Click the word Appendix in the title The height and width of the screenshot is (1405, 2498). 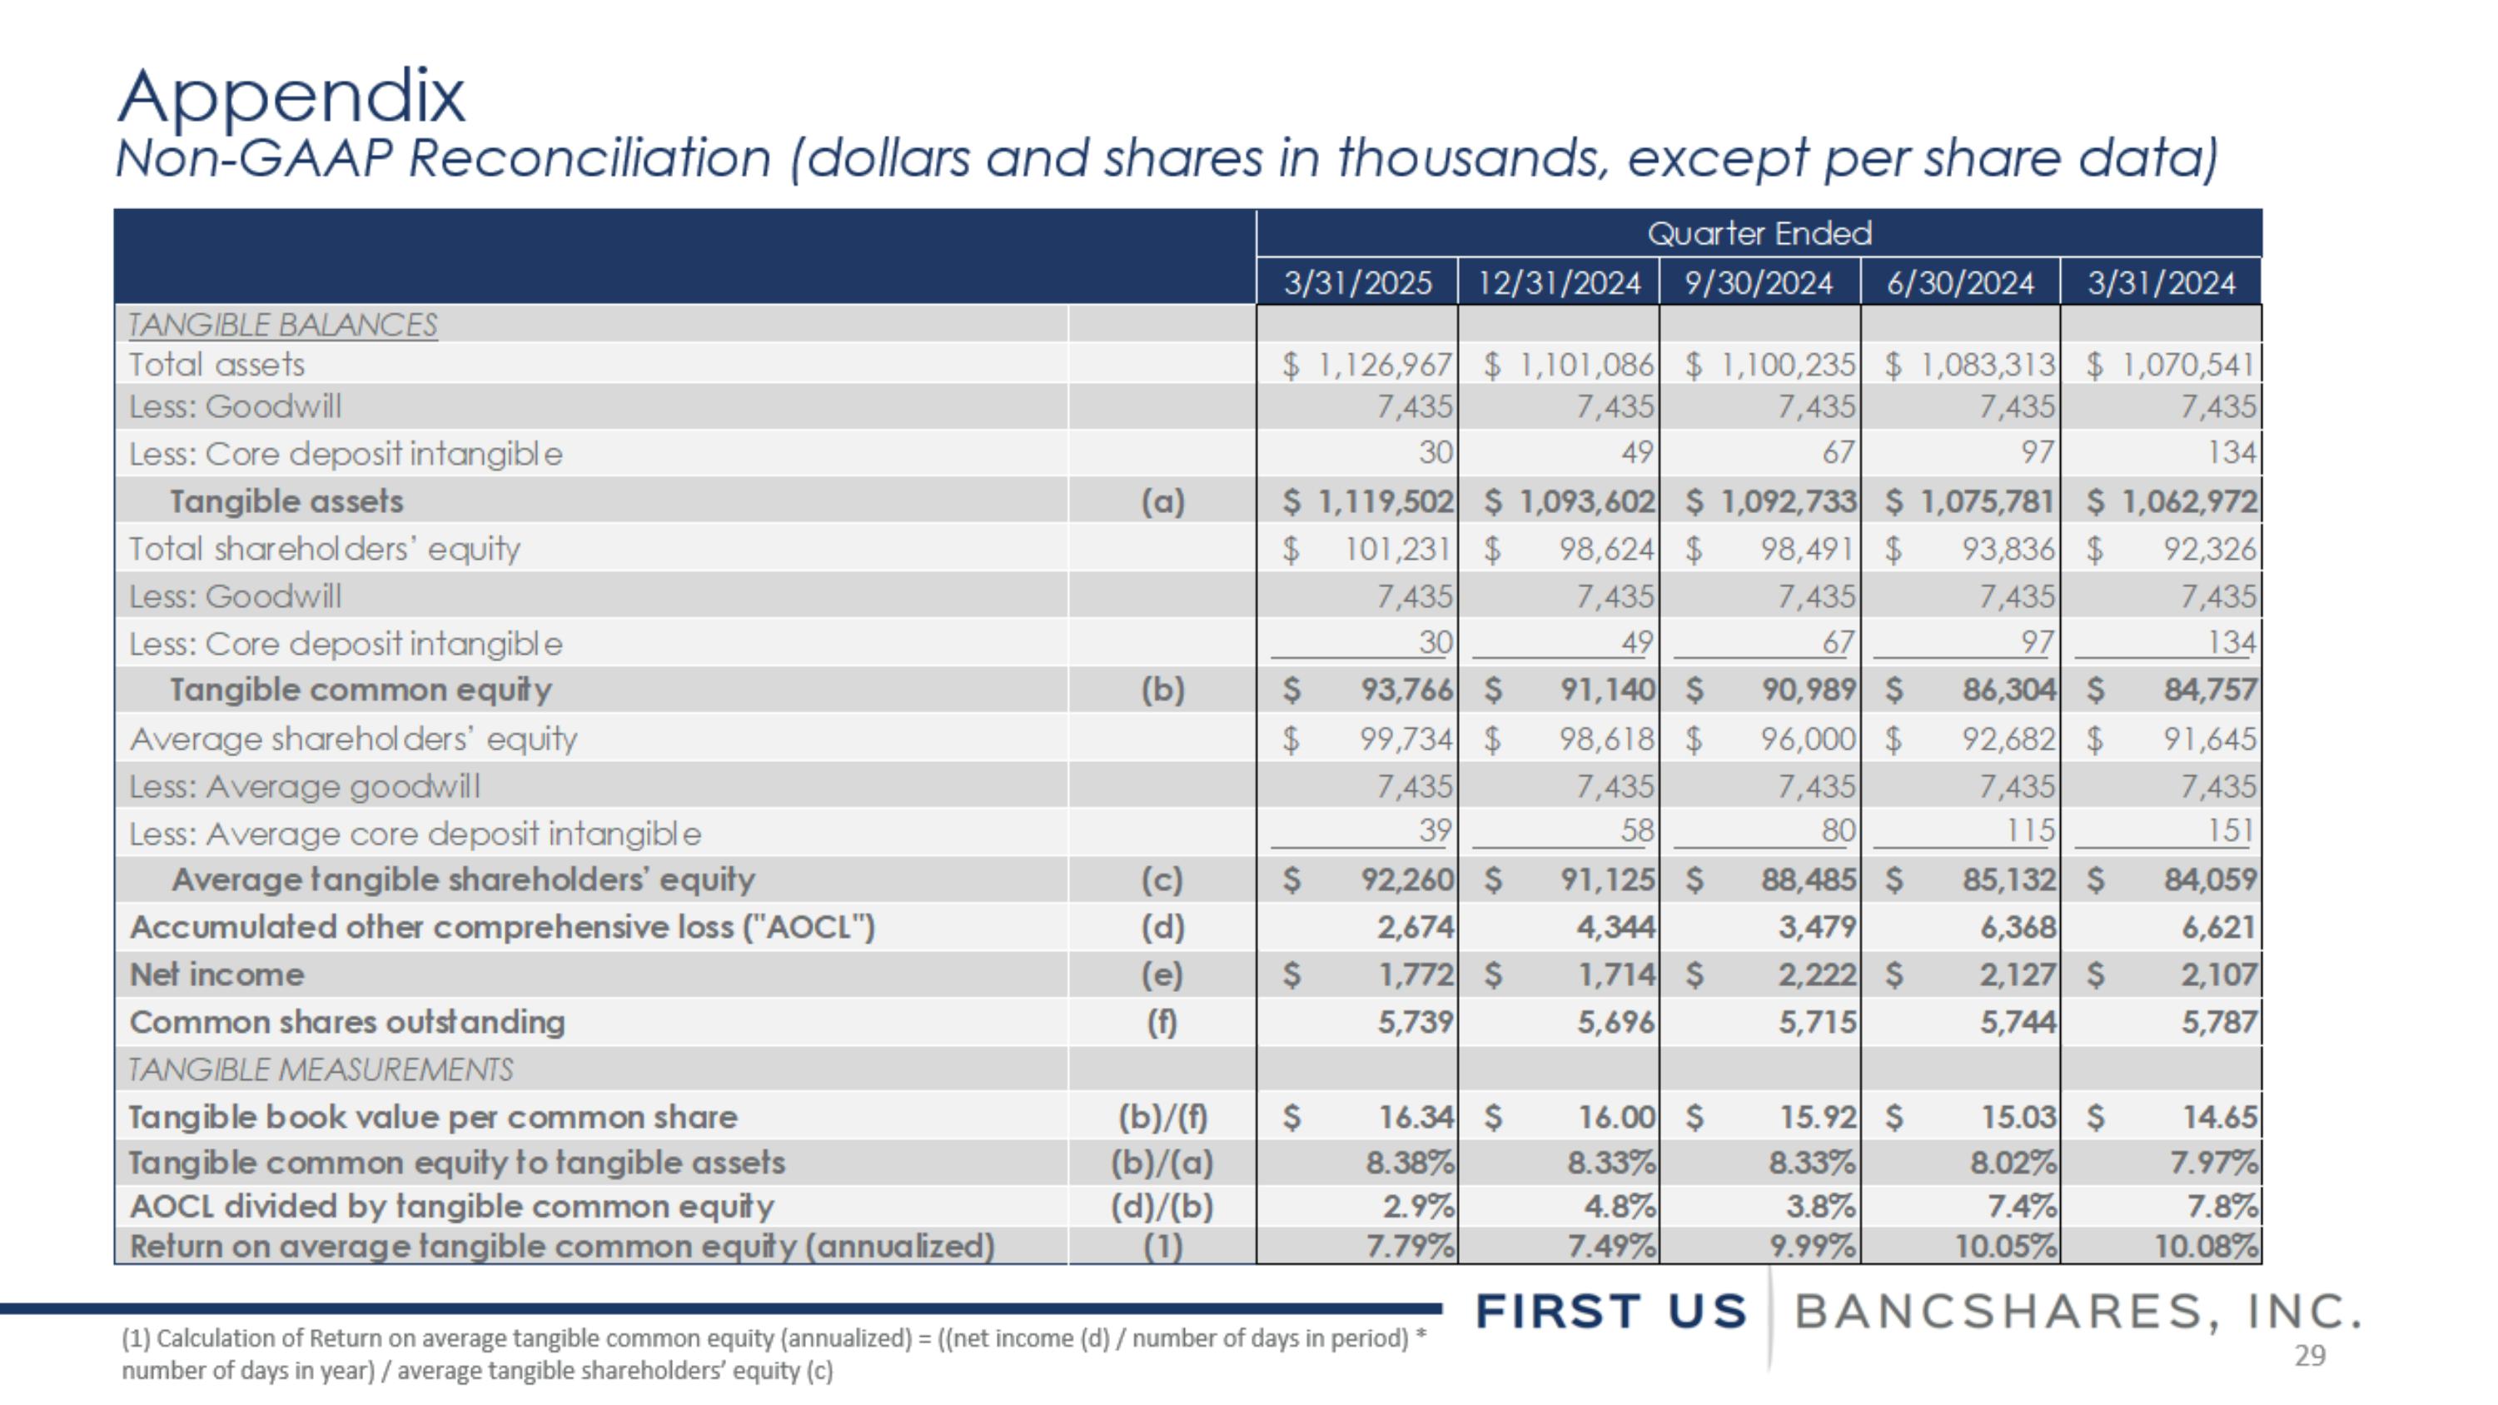click(291, 97)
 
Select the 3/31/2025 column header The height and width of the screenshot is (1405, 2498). click(1356, 283)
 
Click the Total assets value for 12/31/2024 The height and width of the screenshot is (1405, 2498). click(1585, 366)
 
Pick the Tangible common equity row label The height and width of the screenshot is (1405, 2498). click(361, 690)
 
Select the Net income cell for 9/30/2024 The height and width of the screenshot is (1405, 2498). click(1816, 974)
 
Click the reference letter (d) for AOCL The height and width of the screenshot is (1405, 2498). click(1162, 928)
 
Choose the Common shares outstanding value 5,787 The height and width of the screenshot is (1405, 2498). click(2219, 1022)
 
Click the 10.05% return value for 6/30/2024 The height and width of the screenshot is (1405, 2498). click(2004, 1247)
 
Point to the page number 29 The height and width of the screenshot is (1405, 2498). click(2310, 1356)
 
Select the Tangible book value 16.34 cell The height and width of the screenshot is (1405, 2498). click(1416, 1117)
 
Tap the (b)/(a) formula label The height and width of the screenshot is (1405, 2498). click(1162, 1163)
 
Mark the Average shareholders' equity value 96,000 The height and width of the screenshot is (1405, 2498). click(1808, 740)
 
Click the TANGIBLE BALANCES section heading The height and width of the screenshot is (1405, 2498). click(282, 325)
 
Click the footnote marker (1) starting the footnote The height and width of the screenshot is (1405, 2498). click(136, 1339)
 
